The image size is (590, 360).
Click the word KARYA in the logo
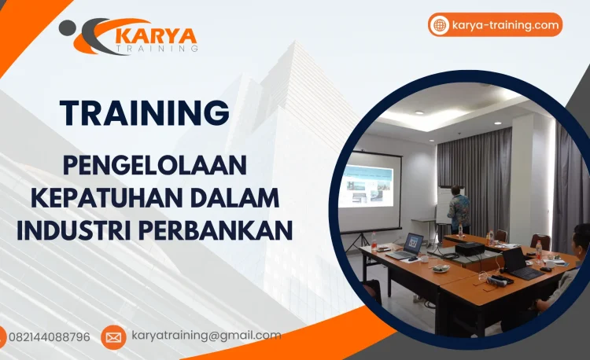click(157, 35)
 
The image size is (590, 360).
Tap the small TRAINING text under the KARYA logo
click(157, 49)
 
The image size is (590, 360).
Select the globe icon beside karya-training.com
click(439, 25)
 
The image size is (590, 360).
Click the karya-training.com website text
click(505, 25)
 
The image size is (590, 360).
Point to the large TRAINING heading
click(145, 113)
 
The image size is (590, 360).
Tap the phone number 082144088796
click(49, 337)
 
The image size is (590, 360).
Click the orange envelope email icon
click(113, 337)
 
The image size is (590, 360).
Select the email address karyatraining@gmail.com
click(205, 336)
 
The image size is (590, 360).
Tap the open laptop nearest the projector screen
click(411, 246)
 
